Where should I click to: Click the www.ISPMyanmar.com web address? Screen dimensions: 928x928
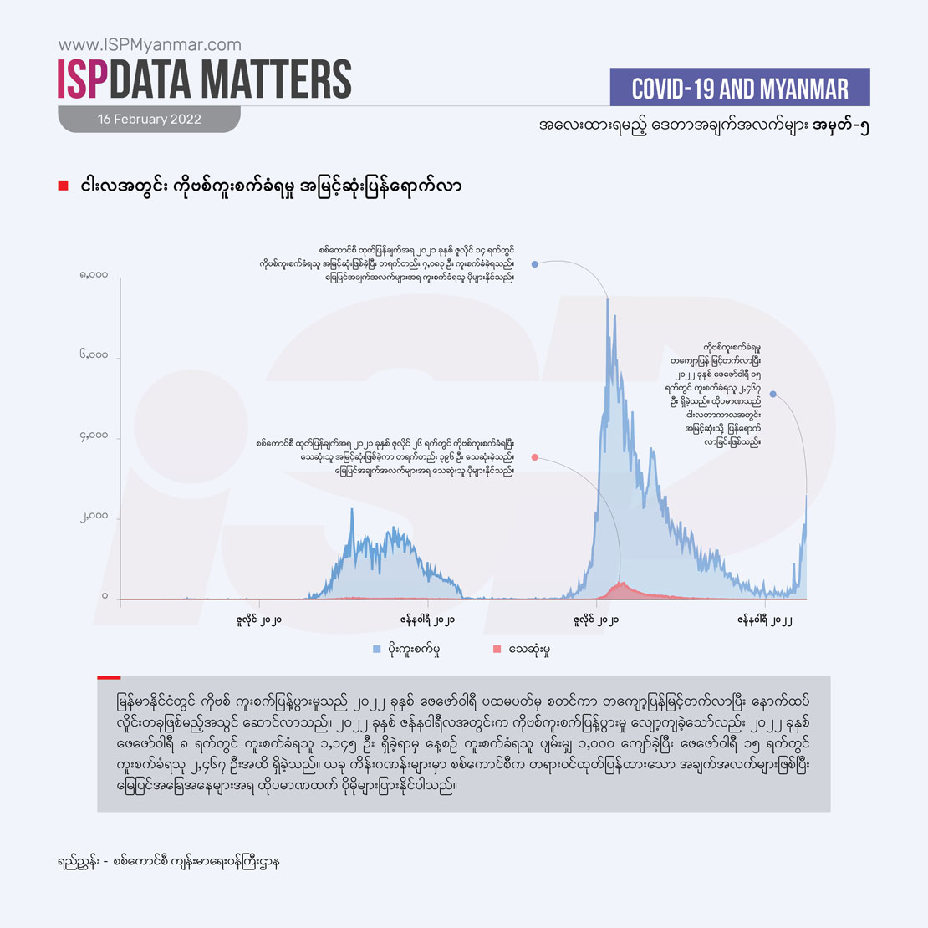coord(150,45)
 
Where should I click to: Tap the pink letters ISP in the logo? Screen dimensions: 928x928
coord(84,79)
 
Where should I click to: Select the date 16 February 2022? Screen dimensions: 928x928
coord(150,119)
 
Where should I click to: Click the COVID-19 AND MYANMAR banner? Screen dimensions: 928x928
coord(740,88)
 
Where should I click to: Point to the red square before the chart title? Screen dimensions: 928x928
coord(63,186)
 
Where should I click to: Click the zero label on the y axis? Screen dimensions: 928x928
coord(105,596)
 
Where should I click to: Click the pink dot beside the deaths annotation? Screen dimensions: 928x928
coord(534,457)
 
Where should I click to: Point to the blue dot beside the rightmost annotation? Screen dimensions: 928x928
coord(773,394)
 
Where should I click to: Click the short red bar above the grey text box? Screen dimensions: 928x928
coord(109,677)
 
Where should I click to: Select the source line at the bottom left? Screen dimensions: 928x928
coord(163,860)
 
